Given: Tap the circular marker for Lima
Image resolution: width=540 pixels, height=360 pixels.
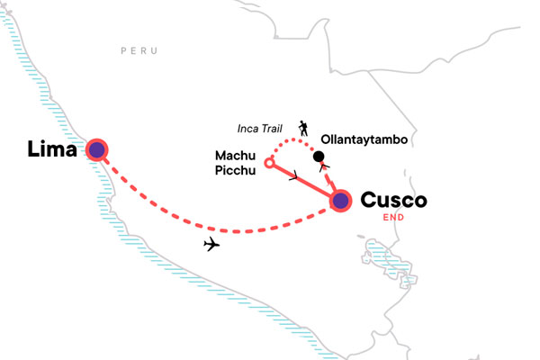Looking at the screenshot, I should [95, 149].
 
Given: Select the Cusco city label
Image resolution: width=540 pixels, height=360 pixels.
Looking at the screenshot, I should [393, 199].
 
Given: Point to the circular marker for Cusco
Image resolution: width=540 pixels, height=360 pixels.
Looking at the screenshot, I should [340, 202].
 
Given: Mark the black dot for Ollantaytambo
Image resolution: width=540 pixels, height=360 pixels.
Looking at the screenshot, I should [319, 157].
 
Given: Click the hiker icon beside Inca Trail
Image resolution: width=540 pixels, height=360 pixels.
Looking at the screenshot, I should [303, 128].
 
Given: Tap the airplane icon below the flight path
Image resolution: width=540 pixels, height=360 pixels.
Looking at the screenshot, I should [212, 244].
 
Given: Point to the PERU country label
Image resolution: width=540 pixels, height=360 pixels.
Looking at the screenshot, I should [140, 51].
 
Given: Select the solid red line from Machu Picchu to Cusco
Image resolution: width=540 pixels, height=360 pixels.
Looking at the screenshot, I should [306, 183].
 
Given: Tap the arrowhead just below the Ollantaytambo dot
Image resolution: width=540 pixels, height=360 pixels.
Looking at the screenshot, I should [323, 168].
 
